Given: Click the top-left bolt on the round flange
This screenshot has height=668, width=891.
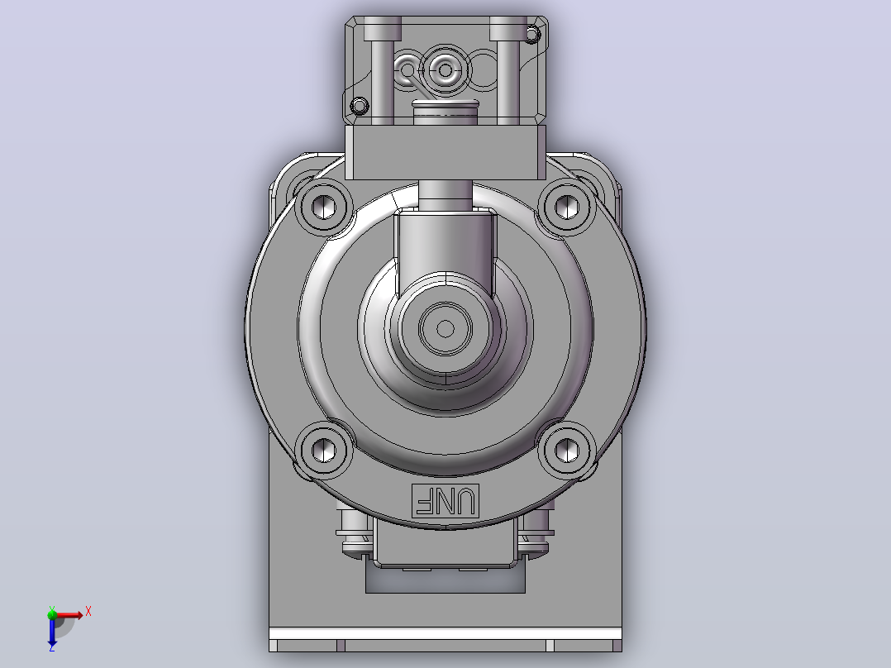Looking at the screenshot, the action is click(323, 207).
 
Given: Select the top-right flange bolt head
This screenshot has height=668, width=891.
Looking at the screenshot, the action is click(566, 207).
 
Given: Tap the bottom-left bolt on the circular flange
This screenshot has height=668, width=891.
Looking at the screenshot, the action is click(323, 451).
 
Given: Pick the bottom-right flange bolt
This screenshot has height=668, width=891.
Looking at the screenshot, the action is click(566, 451).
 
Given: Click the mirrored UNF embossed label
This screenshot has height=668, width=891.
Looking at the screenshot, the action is click(445, 501).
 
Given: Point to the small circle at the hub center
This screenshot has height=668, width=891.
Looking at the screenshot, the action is click(445, 328).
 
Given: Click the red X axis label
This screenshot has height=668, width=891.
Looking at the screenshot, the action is click(88, 612).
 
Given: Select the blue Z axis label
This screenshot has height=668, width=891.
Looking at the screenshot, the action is click(52, 647).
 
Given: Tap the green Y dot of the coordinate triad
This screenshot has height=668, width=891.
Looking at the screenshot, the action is click(52, 613).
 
